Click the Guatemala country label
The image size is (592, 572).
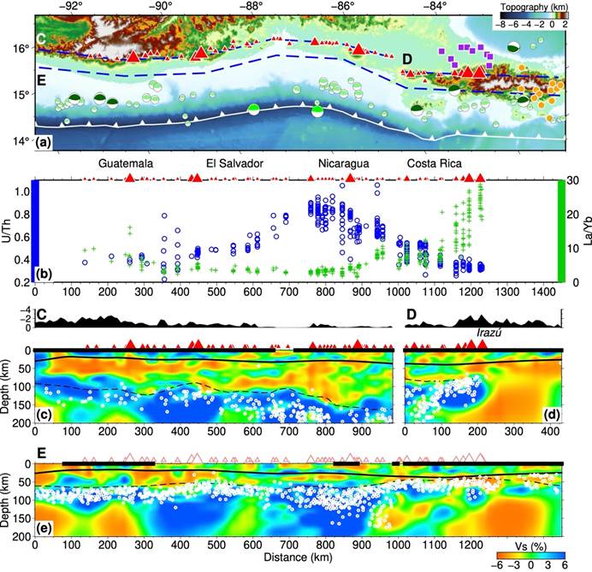126,163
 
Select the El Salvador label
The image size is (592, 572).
234,163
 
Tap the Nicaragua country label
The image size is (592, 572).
344,163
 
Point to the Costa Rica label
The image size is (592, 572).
435,163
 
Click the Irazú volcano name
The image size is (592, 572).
489,333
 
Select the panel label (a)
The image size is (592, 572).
43,143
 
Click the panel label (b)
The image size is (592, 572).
44,274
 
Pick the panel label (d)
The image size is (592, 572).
552,415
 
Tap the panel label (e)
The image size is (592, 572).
44,528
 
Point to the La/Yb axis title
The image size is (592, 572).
587,231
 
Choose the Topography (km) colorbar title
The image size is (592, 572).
534,7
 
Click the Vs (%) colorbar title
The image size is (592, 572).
531,546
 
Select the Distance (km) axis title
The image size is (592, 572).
298,557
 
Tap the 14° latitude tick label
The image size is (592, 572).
21,141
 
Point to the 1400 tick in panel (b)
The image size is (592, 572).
542,292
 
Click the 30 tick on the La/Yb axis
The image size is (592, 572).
572,180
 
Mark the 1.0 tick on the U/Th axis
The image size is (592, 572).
22,192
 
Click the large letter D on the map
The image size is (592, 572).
407,59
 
